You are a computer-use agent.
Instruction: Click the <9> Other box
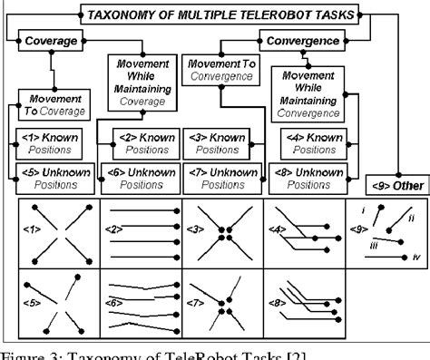point(386,187)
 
